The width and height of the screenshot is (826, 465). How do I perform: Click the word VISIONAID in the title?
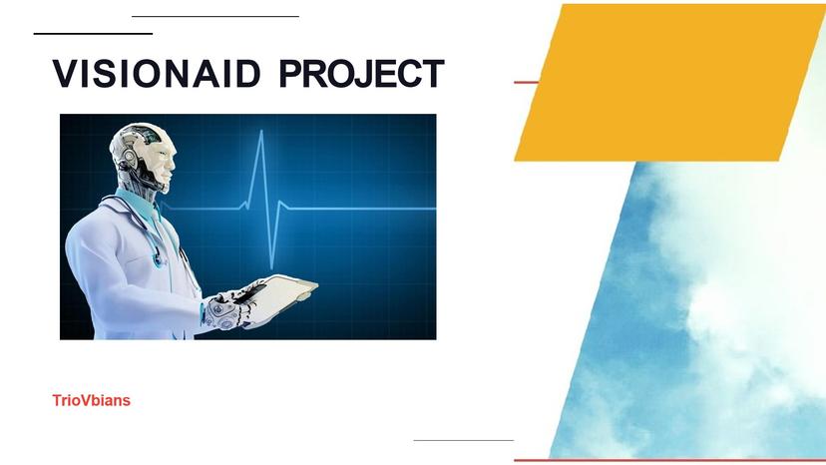tap(157, 75)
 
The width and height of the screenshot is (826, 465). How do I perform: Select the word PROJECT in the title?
tap(361, 75)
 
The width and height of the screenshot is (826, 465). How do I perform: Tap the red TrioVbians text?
tap(92, 401)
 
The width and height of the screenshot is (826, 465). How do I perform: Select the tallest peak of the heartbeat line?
tap(261, 134)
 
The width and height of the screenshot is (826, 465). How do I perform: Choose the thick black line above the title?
tap(93, 34)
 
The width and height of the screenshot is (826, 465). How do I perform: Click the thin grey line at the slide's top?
tap(214, 17)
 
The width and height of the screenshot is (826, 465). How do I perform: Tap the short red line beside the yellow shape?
tap(526, 82)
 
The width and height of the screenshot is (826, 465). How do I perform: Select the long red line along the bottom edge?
tap(668, 460)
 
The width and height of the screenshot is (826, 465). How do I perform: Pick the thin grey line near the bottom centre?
tap(463, 440)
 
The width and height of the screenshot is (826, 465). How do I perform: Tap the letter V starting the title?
tap(65, 75)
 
